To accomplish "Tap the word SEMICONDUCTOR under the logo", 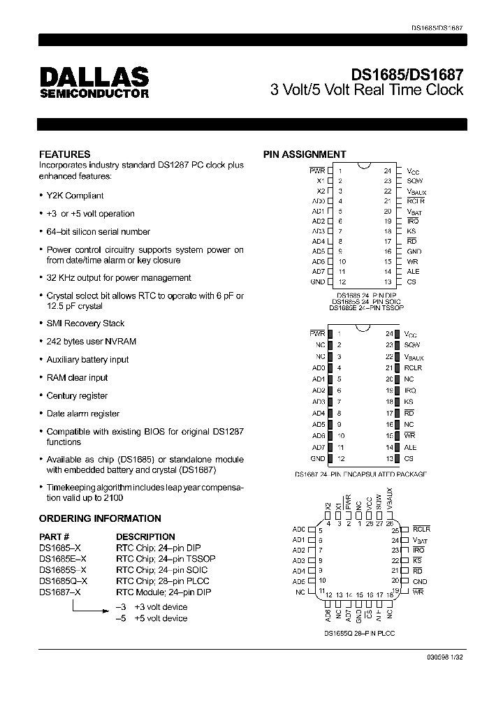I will click(94, 93).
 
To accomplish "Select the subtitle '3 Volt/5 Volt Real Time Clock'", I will click(367, 90).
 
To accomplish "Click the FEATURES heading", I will click(64, 154).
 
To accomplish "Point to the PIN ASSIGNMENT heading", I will click(304, 154).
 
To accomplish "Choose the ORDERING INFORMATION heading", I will click(100, 518).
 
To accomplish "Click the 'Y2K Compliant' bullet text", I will click(75, 196).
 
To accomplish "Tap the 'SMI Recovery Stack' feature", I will click(85, 323).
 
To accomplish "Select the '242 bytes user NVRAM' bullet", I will click(91, 342).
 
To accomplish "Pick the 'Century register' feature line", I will click(77, 395).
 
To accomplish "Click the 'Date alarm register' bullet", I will click(82, 414).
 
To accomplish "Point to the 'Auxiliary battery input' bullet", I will click(87, 360).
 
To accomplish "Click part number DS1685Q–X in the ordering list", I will click(64, 581).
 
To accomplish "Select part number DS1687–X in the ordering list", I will click(60, 592).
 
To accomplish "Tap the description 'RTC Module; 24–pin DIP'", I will click(161, 592).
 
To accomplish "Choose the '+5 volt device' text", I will click(161, 618).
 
